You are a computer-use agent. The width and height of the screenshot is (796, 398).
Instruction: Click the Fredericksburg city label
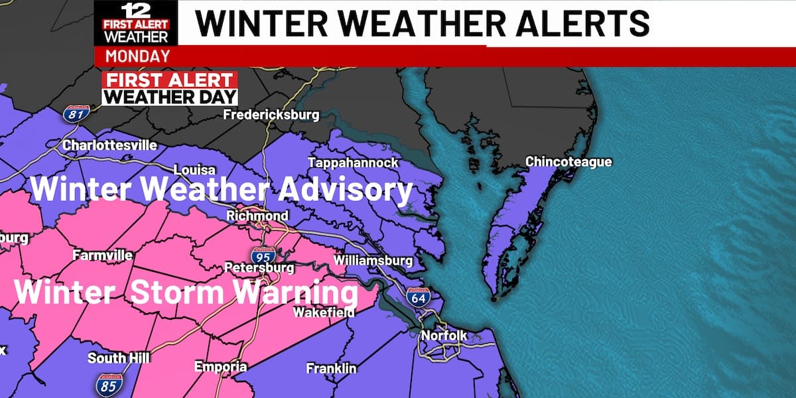click(x=271, y=115)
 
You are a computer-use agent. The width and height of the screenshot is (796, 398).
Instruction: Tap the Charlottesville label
click(x=109, y=145)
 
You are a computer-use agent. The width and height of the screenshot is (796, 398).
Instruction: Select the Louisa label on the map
click(x=194, y=170)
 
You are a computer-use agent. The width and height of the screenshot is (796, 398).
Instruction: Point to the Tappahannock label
click(x=353, y=163)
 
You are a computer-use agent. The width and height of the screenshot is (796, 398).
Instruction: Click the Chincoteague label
click(x=568, y=162)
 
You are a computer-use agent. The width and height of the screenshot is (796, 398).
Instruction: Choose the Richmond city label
click(x=257, y=216)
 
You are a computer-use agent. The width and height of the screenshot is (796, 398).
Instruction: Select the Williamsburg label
click(x=373, y=261)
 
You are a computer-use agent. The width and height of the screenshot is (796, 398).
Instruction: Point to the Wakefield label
click(x=324, y=312)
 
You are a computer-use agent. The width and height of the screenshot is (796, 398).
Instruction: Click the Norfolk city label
click(x=444, y=336)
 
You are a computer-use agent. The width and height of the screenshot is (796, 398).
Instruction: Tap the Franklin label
click(x=331, y=368)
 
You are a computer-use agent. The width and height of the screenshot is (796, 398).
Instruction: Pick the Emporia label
click(x=220, y=367)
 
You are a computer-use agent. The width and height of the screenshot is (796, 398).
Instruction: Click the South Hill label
click(x=119, y=358)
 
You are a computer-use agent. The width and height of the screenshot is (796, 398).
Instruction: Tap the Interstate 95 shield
click(x=261, y=255)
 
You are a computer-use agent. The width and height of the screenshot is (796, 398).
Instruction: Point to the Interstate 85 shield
click(x=107, y=384)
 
